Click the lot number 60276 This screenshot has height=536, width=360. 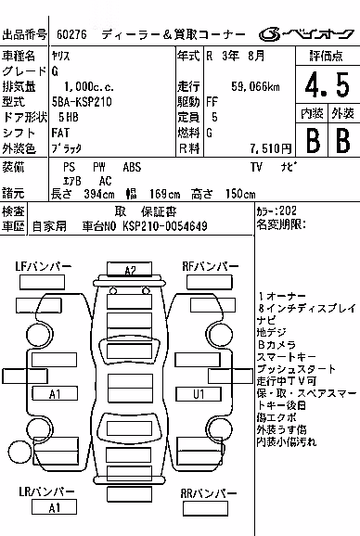click(x=71, y=34)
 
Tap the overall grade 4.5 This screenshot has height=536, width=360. click(x=328, y=84)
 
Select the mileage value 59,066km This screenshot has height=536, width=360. click(x=255, y=86)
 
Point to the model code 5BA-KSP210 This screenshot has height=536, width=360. click(x=82, y=101)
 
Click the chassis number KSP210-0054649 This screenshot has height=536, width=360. click(x=165, y=226)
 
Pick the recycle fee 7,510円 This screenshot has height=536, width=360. click(x=271, y=148)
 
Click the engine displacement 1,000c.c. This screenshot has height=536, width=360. click(x=89, y=86)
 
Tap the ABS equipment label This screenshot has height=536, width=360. click(x=132, y=167)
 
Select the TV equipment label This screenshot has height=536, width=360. click(x=256, y=167)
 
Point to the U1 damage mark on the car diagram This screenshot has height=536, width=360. click(x=199, y=394)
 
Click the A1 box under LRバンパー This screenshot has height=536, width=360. click(x=54, y=507)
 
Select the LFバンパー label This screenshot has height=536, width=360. click(x=43, y=266)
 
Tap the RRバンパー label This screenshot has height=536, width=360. click(x=208, y=493)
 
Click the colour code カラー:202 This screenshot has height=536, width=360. click(x=276, y=211)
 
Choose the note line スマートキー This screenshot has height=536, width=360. click(x=286, y=357)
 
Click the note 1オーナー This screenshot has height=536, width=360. click(x=282, y=296)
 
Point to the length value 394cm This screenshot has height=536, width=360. click(x=99, y=194)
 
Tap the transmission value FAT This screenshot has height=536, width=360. click(x=60, y=133)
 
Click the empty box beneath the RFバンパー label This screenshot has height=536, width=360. click(x=210, y=282)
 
